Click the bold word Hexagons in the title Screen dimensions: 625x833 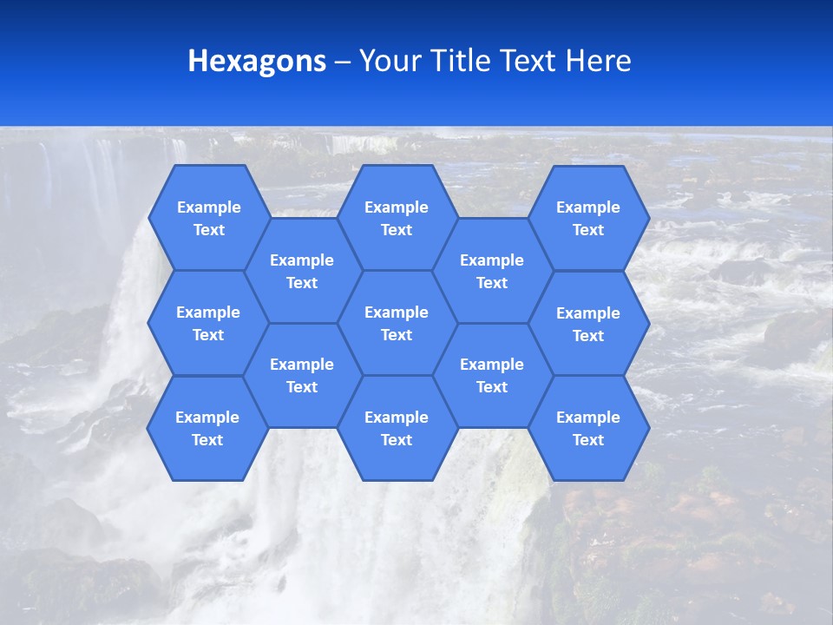coord(257,61)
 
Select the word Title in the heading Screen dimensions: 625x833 coord(458,61)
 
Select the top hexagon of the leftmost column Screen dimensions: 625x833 coord(208,218)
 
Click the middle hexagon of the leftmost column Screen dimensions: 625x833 coord(208,323)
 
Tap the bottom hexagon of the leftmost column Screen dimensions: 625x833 coord(207,428)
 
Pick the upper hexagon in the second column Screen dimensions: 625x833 coord(302,271)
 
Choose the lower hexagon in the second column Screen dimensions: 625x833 coord(302,375)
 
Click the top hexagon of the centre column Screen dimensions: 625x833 coord(397,218)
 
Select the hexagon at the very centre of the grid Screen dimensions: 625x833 coord(397,323)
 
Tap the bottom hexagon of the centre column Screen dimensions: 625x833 coord(397,428)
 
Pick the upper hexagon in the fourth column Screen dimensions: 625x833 coord(492,271)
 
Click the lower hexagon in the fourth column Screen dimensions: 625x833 coord(492,375)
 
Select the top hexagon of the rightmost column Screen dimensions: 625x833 coord(588,218)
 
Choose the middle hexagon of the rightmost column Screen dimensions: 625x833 coord(588,324)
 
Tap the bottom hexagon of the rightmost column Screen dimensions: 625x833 coord(588,428)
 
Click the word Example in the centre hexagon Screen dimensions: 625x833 coord(397,312)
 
